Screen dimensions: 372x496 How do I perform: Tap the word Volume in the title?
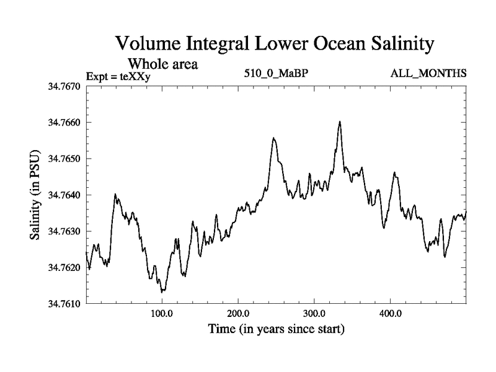(x=147, y=44)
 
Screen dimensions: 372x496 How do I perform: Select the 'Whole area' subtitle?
(x=164, y=63)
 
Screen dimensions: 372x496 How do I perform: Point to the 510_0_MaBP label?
(x=277, y=74)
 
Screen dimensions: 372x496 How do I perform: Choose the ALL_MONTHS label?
(x=428, y=74)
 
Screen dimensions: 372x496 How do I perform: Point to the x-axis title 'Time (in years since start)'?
(x=275, y=329)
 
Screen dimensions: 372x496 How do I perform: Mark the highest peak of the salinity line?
(x=340, y=122)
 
